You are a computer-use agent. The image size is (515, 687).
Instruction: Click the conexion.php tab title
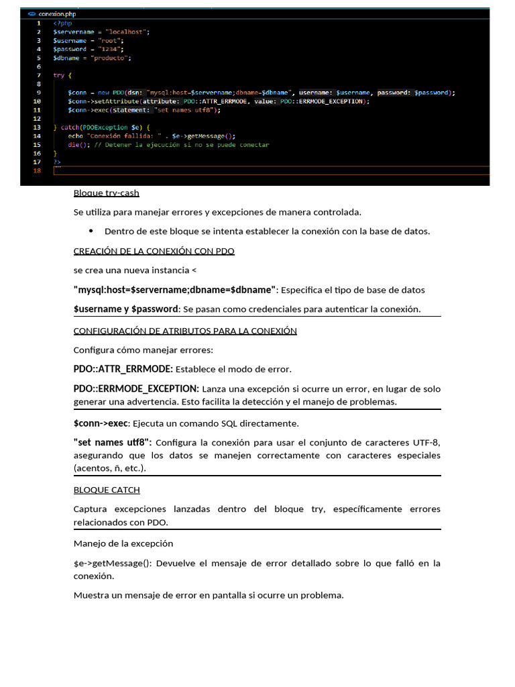[57, 13]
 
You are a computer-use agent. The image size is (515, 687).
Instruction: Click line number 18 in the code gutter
[38, 170]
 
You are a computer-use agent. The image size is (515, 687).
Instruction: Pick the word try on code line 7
[59, 75]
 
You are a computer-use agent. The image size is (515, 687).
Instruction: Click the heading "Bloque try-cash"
[106, 193]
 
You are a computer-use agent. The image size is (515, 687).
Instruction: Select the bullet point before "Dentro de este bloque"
[91, 231]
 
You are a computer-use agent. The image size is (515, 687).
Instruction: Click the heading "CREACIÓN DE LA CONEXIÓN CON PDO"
[154, 251]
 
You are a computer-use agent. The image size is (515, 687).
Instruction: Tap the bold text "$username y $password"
[126, 309]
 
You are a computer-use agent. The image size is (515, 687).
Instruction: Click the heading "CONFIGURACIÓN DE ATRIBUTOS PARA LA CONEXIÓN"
[184, 331]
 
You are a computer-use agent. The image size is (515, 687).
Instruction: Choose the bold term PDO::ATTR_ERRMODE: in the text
[123, 369]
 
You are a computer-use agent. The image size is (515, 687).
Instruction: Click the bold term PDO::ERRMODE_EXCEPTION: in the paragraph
[136, 388]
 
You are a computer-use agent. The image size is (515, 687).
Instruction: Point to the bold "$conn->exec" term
[101, 423]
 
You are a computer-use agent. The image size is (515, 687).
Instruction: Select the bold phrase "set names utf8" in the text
[112, 442]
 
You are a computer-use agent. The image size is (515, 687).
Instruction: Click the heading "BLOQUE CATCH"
[106, 490]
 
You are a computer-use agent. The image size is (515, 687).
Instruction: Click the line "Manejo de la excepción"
[123, 543]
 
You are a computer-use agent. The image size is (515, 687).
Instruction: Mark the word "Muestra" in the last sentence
[90, 594]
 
